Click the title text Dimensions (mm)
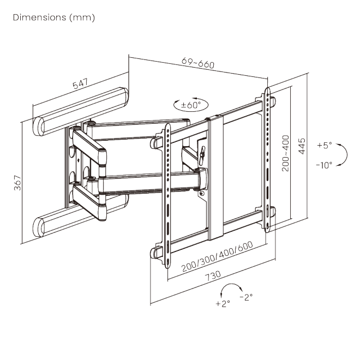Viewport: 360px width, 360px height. (x=53, y=17)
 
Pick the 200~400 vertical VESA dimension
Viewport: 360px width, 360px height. (x=284, y=153)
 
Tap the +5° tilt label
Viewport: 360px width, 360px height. (x=324, y=146)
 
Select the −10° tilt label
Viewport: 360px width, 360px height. (x=323, y=165)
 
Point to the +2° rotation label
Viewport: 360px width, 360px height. (x=223, y=303)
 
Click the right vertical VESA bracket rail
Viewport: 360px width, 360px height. (x=267, y=158)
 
